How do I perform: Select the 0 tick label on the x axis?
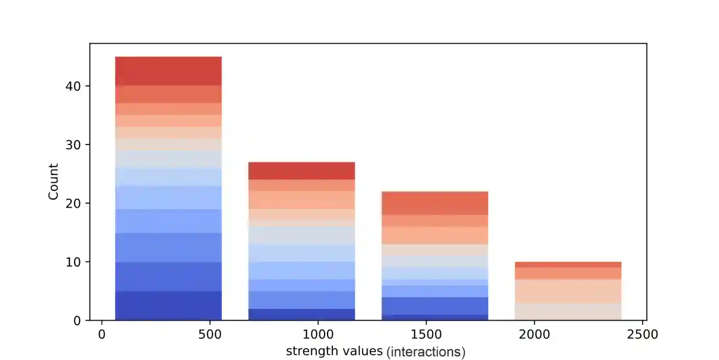[x=101, y=334]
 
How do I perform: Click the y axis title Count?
[x=54, y=181]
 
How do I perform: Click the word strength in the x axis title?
[x=309, y=351]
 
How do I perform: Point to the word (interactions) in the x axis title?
[x=426, y=352]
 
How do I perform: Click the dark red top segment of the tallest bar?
[x=168, y=71]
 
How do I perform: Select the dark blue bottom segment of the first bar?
[x=168, y=306]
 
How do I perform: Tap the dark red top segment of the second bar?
[x=301, y=171]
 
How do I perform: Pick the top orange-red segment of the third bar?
[x=435, y=203]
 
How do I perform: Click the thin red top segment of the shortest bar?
[x=568, y=264]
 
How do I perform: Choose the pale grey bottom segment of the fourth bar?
[x=568, y=312]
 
